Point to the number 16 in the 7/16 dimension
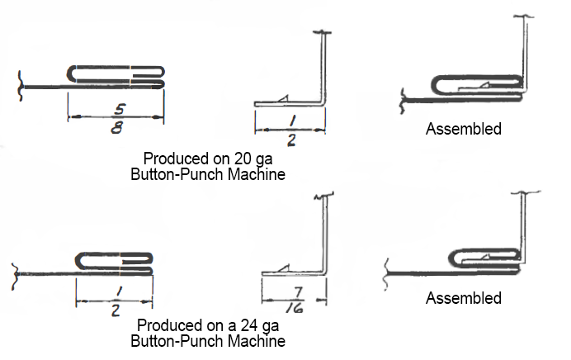coord(293,310)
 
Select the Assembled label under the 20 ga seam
coord(463,129)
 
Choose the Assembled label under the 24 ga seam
coord(463,298)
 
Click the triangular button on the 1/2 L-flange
coord(284,99)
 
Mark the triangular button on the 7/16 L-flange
coord(282,268)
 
